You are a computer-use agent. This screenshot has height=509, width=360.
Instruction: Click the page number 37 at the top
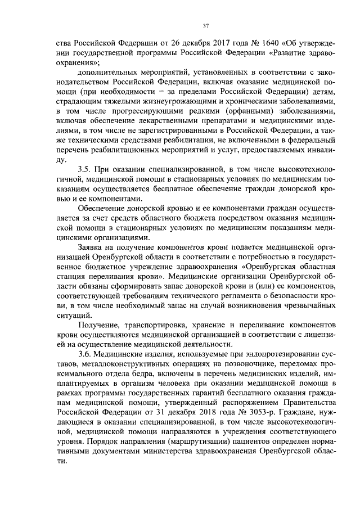click(205, 25)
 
